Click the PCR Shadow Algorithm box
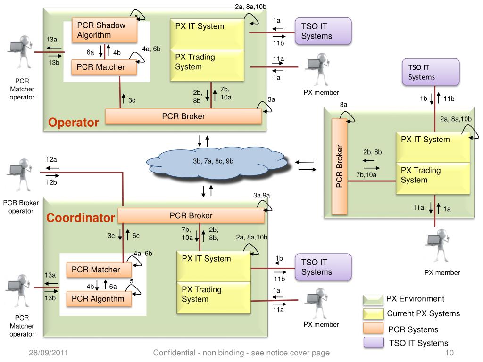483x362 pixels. (105, 30)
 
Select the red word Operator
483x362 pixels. (74, 123)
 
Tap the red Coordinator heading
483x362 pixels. (81, 218)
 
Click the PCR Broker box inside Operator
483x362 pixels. (183, 116)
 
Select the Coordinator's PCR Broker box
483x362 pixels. (191, 216)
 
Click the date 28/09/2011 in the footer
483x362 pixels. (46, 353)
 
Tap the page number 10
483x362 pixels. (449, 353)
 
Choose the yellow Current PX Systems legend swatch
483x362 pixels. (373, 314)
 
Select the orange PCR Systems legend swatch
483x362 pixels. (373, 329)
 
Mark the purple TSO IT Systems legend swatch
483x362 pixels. (373, 343)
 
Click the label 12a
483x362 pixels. (51, 159)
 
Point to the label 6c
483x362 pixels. (136, 236)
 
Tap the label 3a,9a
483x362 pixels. (261, 196)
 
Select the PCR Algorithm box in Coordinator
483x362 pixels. (98, 298)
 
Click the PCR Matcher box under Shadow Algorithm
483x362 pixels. (104, 67)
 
